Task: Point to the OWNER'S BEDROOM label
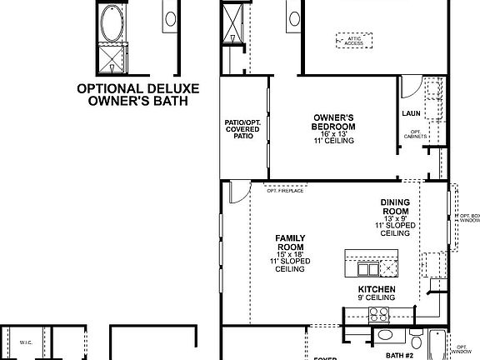point(334,122)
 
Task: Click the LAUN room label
point(410,112)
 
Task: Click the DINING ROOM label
point(394,207)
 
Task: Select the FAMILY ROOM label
point(290,242)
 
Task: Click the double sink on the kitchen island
point(367,268)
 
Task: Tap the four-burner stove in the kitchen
point(379,314)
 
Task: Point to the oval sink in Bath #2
point(385,336)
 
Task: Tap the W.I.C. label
point(25,342)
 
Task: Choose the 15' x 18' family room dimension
point(290,254)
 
